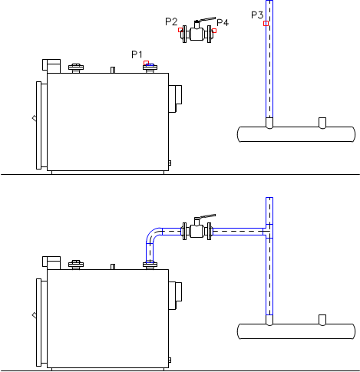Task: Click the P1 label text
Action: [x=137, y=54]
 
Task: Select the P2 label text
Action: [x=171, y=21]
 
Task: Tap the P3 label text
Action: [x=257, y=15]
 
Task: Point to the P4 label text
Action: [x=223, y=22]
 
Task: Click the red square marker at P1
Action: [x=146, y=63]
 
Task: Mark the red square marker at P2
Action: [x=180, y=30]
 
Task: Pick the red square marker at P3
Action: [x=266, y=23]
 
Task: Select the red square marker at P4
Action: [x=214, y=31]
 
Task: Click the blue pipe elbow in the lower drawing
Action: [x=153, y=235]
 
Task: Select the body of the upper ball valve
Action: [x=197, y=34]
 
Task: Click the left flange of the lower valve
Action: [x=184, y=231]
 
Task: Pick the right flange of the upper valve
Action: [x=210, y=34]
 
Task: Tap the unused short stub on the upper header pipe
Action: [x=322, y=123]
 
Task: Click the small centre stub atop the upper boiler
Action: [x=113, y=70]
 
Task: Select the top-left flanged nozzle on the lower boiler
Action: [x=76, y=265]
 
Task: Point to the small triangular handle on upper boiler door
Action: [x=35, y=118]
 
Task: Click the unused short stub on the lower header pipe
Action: [x=322, y=320]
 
